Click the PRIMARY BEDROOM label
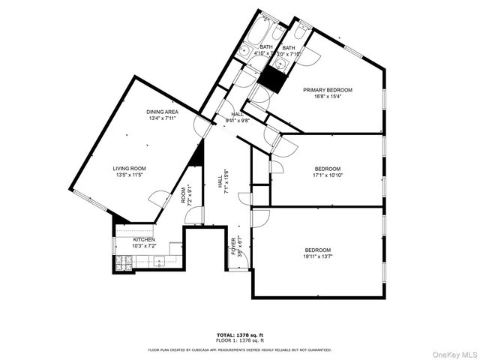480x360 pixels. (327, 89)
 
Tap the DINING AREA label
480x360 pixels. (162, 112)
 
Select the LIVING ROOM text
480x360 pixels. (130, 168)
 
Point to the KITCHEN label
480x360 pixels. (144, 240)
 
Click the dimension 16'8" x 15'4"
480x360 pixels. (327, 96)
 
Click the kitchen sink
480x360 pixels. (158, 262)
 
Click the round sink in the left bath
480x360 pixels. (245, 51)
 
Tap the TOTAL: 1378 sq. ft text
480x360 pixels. (239, 335)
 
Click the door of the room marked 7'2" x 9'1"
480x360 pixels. (193, 214)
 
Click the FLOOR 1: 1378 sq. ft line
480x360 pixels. (239, 341)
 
